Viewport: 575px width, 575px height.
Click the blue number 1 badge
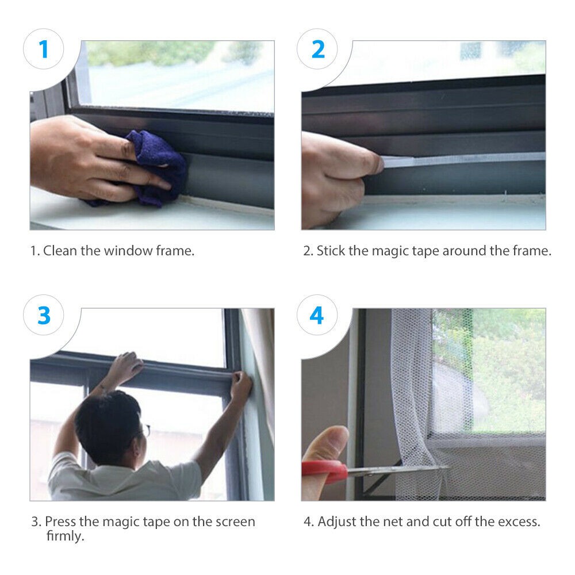pyautogui.click(x=43, y=49)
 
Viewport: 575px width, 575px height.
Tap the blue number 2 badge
pyautogui.click(x=317, y=49)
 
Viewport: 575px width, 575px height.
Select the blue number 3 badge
pyautogui.click(x=43, y=315)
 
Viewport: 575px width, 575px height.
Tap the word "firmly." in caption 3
pyautogui.click(x=66, y=536)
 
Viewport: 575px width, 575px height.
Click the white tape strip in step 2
pyautogui.click(x=462, y=159)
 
